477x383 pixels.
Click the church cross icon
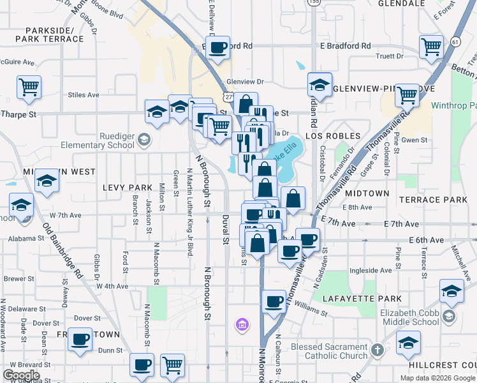(x=378, y=350)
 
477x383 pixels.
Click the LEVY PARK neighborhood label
(x=128, y=188)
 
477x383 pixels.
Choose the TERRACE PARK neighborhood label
(x=434, y=200)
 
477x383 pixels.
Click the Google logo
(x=21, y=375)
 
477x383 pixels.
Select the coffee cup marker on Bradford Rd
(x=218, y=47)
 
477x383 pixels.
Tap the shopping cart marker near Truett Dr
(x=431, y=46)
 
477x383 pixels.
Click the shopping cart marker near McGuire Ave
(x=29, y=86)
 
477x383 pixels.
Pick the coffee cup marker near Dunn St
(x=80, y=340)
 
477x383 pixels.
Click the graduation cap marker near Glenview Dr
(x=319, y=84)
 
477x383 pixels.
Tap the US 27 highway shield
(x=228, y=96)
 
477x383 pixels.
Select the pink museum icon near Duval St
(x=242, y=326)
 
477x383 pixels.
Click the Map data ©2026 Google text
(x=437, y=378)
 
